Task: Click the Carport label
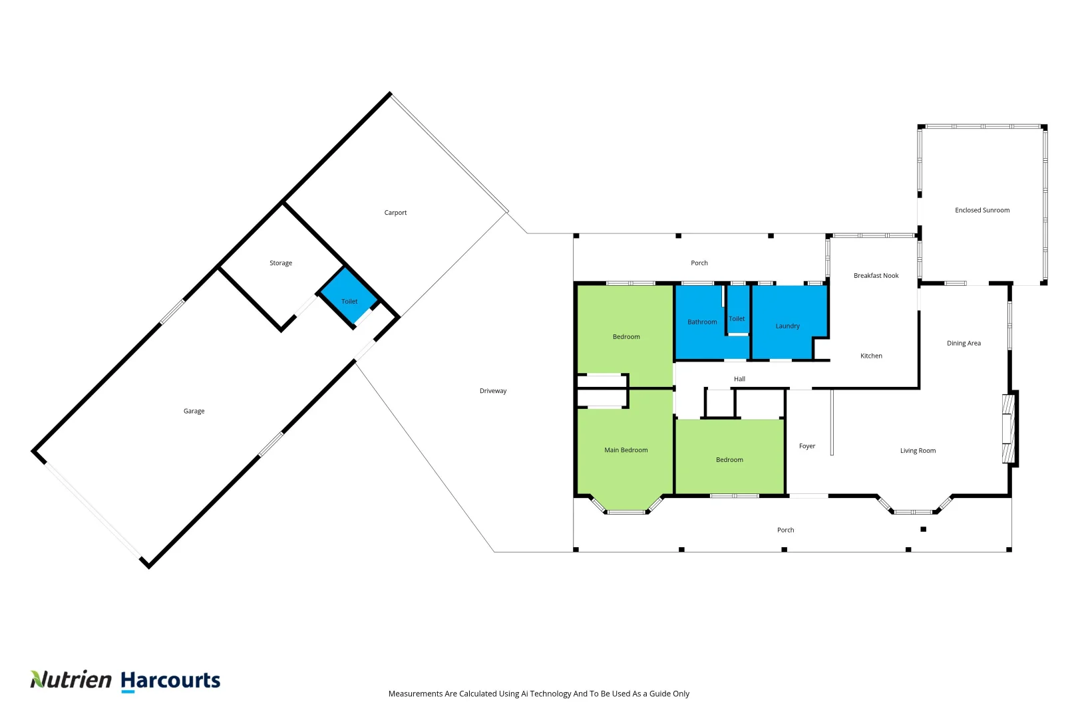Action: tap(395, 213)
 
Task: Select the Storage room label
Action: tap(281, 263)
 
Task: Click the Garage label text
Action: tap(194, 411)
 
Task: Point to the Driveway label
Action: tap(493, 391)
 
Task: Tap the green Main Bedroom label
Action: tap(626, 450)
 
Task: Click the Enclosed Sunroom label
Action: tap(982, 210)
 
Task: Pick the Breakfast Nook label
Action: tap(876, 275)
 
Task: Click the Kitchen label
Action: tap(871, 356)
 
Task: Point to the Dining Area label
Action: tap(964, 343)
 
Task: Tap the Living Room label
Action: tap(918, 451)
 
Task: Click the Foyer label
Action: tap(807, 446)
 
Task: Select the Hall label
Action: tap(739, 379)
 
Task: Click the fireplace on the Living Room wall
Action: tap(1009, 429)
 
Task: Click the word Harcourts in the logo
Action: tap(170, 681)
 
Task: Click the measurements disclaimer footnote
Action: tap(538, 693)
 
